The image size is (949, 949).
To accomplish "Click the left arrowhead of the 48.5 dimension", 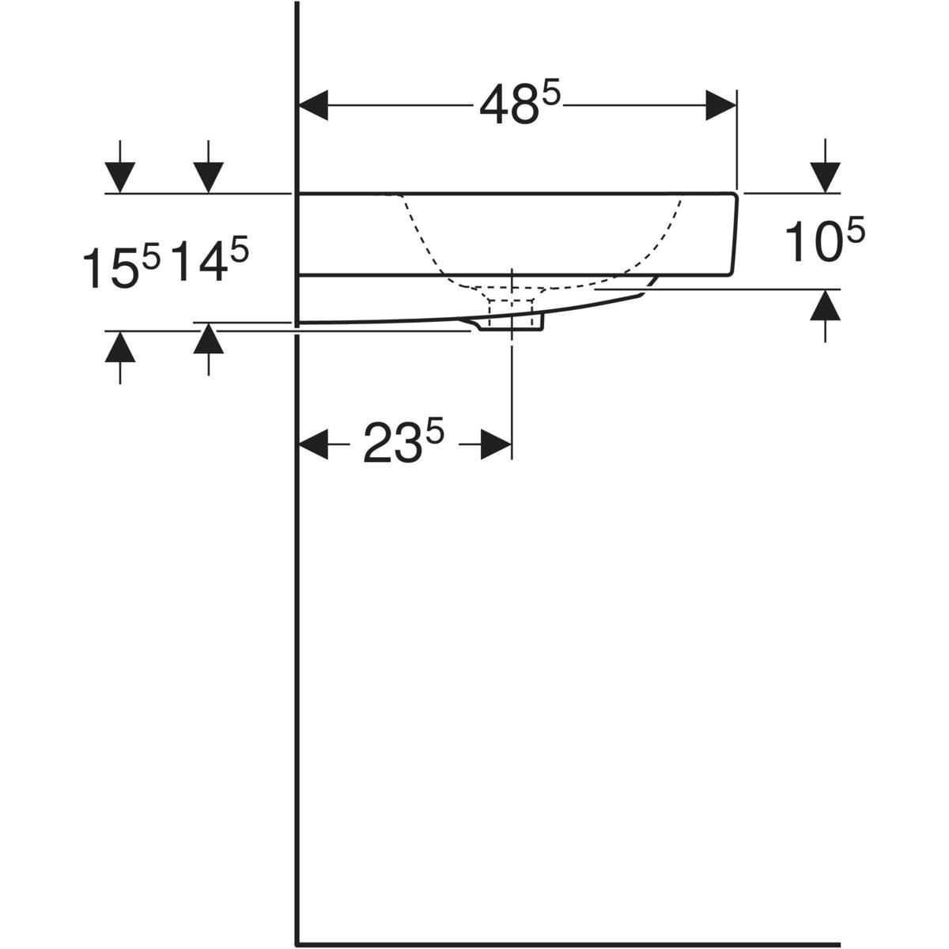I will [312, 105].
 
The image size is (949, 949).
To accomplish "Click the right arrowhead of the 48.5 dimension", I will [720, 105].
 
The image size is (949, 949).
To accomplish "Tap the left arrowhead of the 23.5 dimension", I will [312, 444].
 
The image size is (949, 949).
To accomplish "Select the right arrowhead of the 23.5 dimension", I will [496, 444].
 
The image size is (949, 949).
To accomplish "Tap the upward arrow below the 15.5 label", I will [119, 347].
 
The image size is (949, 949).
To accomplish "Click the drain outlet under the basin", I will [513, 319].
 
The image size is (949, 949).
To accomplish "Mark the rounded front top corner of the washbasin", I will [734, 196].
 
